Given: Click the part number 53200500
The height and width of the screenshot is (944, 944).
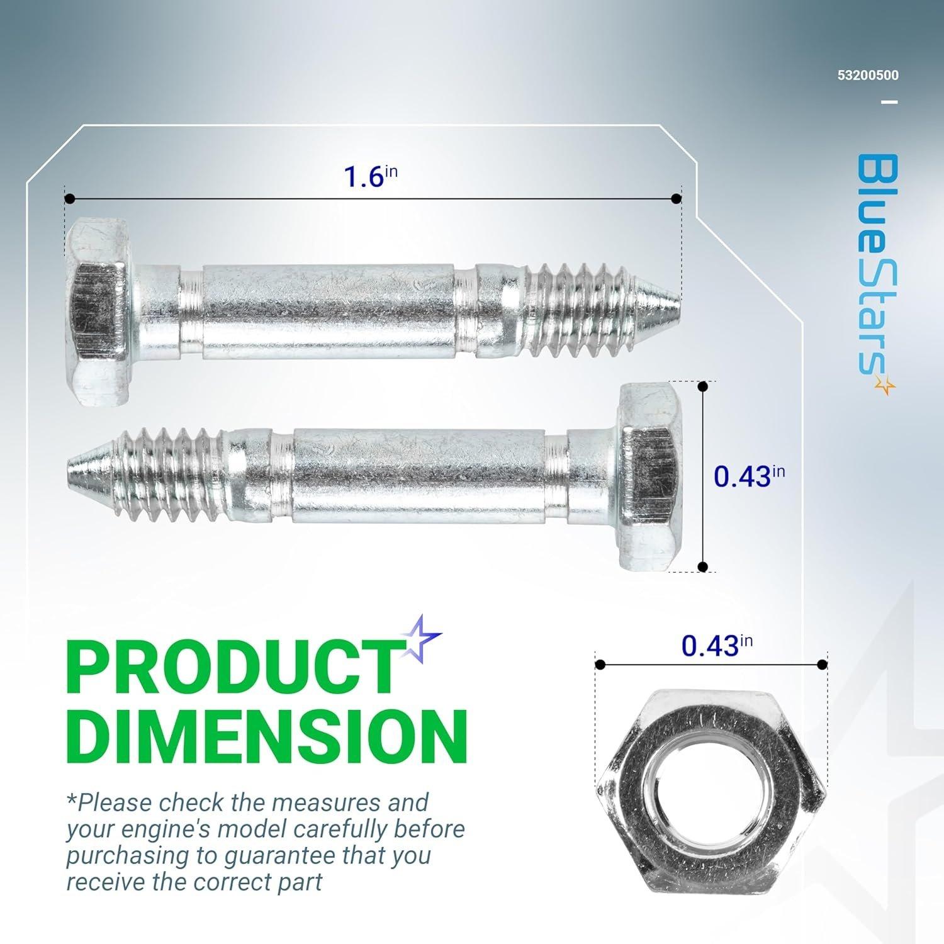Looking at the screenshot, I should pyautogui.click(x=867, y=76).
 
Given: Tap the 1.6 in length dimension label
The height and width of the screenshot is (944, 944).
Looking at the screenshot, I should pyautogui.click(x=370, y=176).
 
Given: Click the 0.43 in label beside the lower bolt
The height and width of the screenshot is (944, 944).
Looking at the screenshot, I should pyautogui.click(x=748, y=476).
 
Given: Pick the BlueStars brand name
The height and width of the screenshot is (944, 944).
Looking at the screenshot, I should pyautogui.click(x=875, y=264).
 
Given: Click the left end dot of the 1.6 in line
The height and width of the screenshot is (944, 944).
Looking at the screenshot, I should pyautogui.click(x=70, y=199).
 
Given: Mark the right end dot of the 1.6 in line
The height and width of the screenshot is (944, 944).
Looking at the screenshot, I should pyautogui.click(x=676, y=199).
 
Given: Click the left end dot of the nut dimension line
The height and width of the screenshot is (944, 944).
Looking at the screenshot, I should pyautogui.click(x=600, y=665).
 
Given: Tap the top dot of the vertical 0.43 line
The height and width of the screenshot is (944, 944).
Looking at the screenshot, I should pyautogui.click(x=704, y=387).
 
